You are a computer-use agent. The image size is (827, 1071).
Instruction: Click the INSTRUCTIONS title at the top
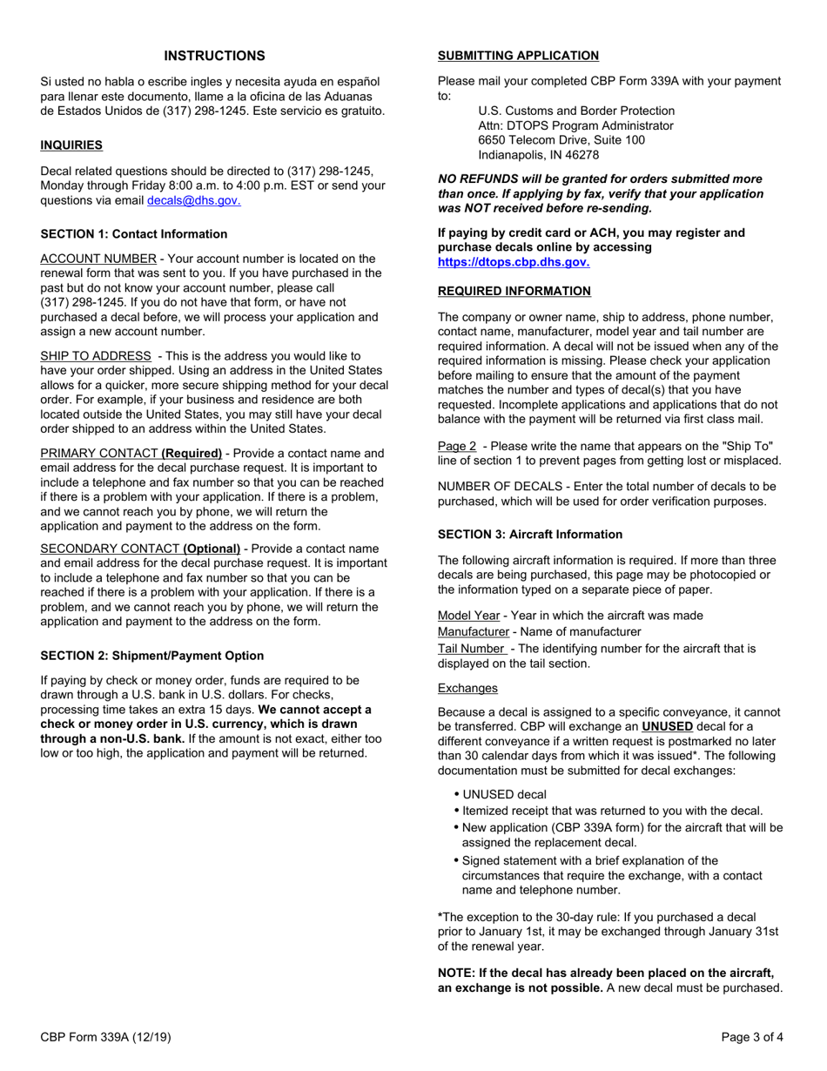click(x=214, y=56)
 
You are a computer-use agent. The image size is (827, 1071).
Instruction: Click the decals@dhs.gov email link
click(x=193, y=200)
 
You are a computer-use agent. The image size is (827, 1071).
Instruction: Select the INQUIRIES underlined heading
click(x=71, y=145)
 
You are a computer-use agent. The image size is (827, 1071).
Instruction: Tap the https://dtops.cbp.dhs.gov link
click(x=513, y=261)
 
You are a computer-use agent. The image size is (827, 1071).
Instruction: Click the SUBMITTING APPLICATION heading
click(x=518, y=56)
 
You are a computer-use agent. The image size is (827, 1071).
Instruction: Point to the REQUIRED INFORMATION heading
click(x=514, y=291)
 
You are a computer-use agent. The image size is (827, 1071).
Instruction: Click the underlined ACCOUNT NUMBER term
click(x=98, y=259)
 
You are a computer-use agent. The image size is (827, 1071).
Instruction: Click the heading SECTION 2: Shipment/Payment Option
click(x=152, y=656)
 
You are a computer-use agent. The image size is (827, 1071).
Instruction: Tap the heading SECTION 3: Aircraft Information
click(x=530, y=535)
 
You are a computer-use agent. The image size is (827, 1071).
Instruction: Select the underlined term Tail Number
click(x=471, y=649)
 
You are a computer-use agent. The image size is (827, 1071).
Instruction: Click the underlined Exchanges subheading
click(x=467, y=688)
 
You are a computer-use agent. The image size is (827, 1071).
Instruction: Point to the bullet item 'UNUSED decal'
click(x=505, y=794)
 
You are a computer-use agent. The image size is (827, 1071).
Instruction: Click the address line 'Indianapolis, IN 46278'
click(x=538, y=155)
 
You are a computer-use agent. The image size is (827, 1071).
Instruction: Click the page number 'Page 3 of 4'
click(x=752, y=1036)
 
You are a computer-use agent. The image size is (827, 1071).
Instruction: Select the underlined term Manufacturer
click(x=473, y=632)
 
